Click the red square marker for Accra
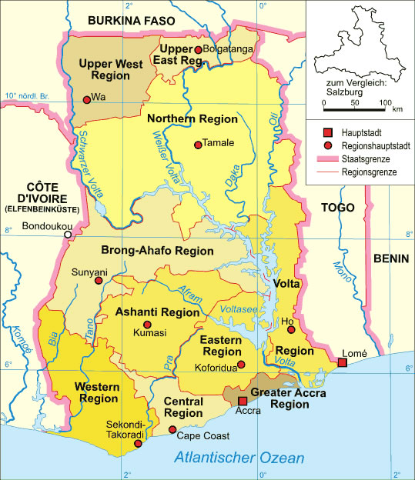[x=242, y=401]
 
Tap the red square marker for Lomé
[x=343, y=362]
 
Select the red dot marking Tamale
[x=198, y=144]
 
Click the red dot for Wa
[x=86, y=98]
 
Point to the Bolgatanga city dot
[x=198, y=50]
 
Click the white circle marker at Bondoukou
[x=68, y=235]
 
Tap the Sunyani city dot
[x=98, y=282]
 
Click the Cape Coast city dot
[x=172, y=430]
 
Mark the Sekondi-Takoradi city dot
[x=138, y=443]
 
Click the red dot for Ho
[x=291, y=330]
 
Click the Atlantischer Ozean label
[x=239, y=458]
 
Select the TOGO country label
[x=337, y=208]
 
